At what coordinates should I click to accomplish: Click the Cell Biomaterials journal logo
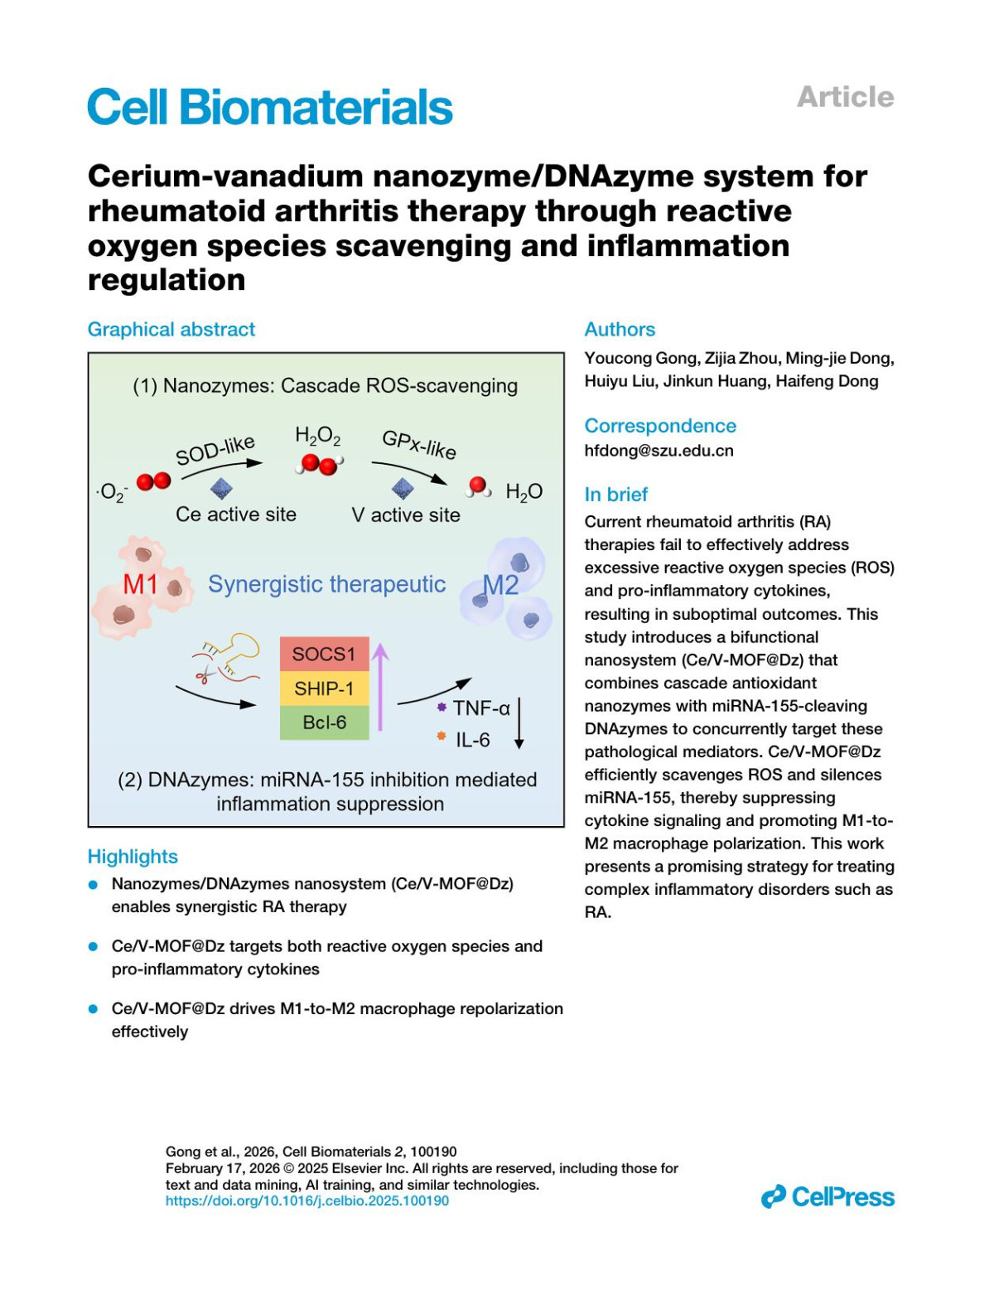[x=270, y=108]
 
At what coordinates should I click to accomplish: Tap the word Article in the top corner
[x=845, y=97]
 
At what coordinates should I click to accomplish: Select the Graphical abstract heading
[x=171, y=330]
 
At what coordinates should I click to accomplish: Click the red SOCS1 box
[x=324, y=654]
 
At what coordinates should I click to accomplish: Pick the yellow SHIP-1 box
[x=324, y=688]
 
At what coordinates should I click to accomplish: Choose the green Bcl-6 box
[x=324, y=722]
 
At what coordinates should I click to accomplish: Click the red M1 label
[x=140, y=585]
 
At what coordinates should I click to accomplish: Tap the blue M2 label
[x=501, y=586]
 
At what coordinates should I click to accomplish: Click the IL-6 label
[x=472, y=740]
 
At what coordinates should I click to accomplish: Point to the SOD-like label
[x=215, y=450]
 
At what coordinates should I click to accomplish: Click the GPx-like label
[x=419, y=444]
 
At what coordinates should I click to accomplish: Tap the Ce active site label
[x=236, y=515]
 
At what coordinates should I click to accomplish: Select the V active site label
[x=406, y=515]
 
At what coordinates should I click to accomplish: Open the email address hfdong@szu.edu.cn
[x=659, y=451]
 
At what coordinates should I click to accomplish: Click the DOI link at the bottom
[x=307, y=1201]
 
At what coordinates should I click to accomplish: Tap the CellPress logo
[x=828, y=1197]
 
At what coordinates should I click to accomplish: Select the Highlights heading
[x=133, y=857]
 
